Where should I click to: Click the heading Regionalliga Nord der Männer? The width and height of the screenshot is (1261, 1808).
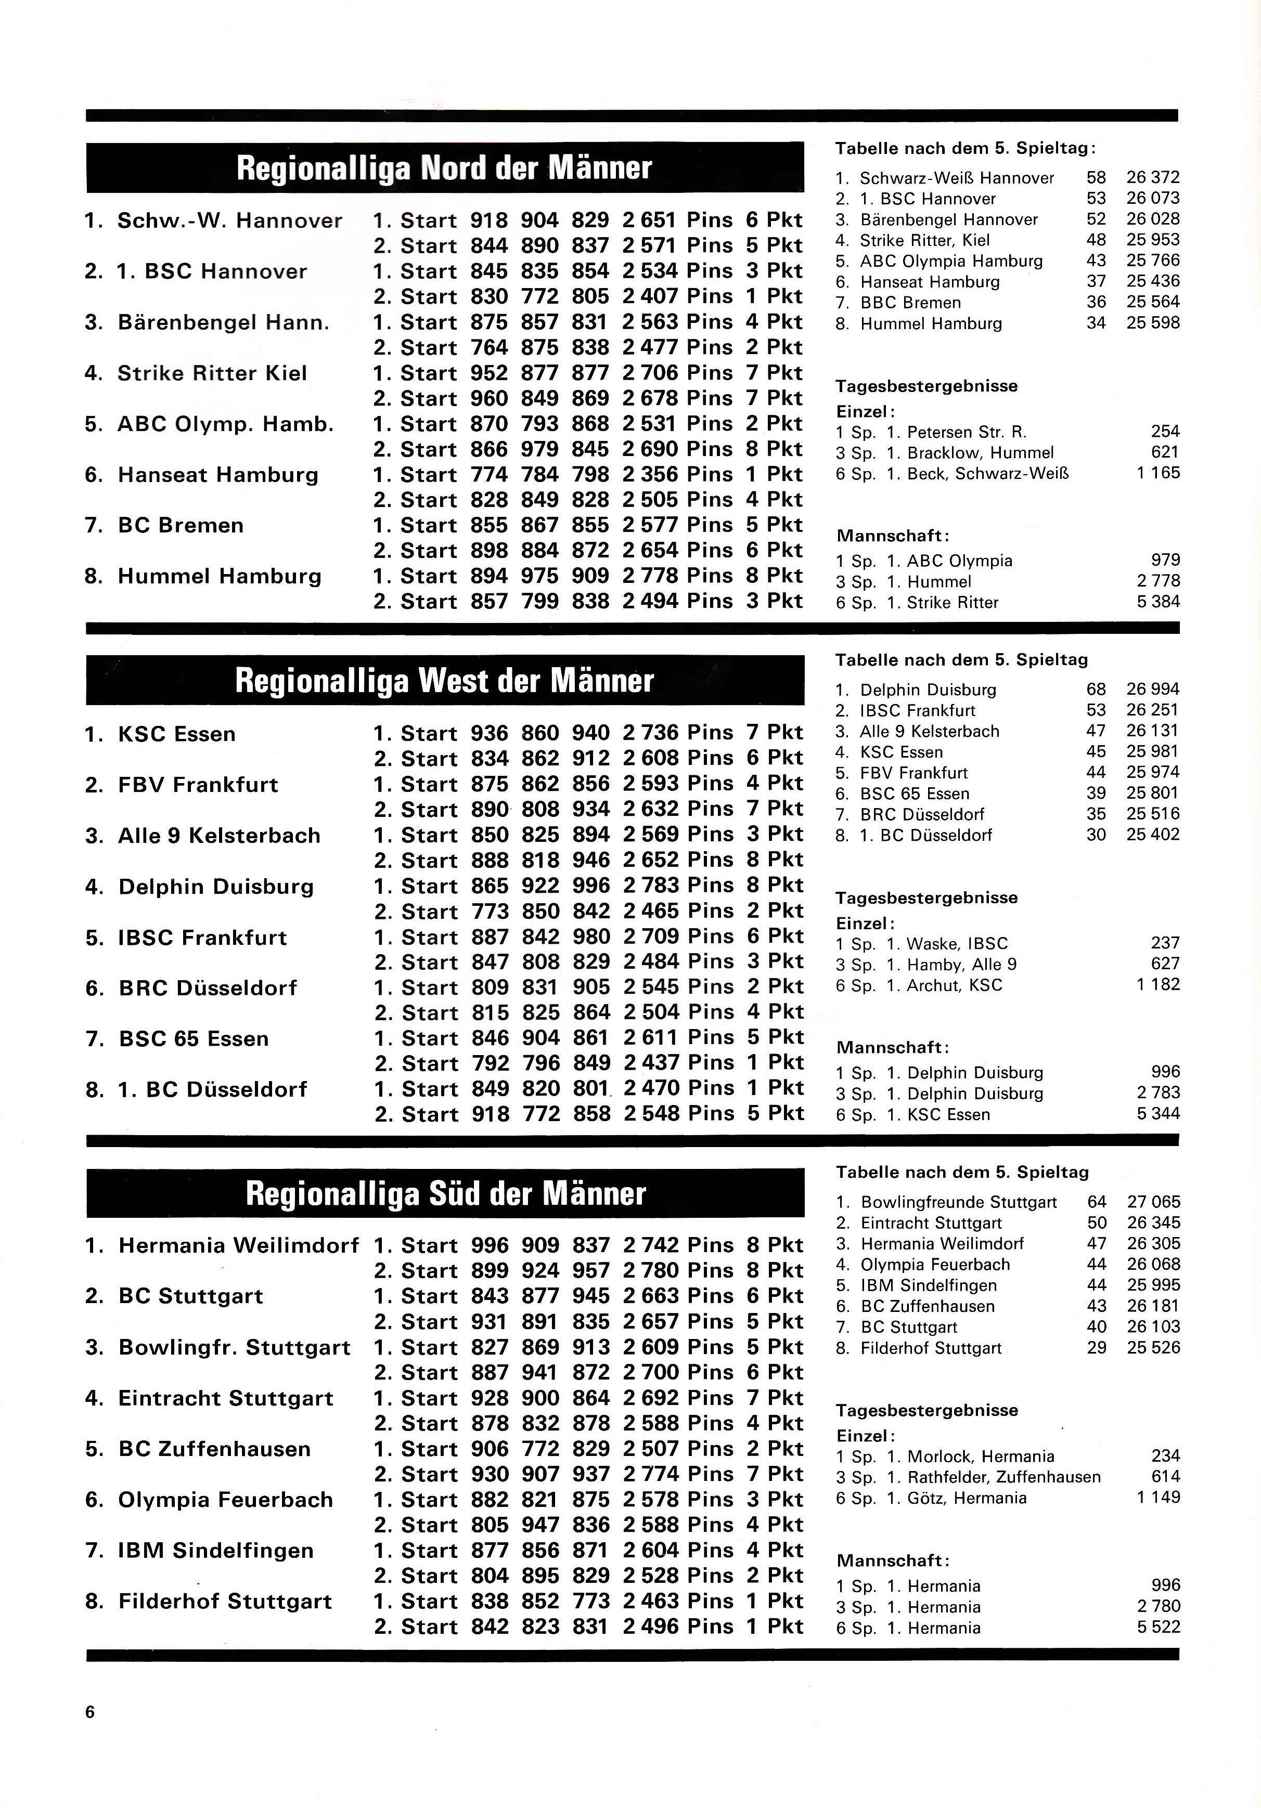pos(444,168)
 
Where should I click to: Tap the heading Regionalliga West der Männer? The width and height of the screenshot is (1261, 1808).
pos(444,680)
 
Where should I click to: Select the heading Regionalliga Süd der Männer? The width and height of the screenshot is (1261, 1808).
pos(445,1193)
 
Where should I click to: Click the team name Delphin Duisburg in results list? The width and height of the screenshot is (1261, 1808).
pos(216,887)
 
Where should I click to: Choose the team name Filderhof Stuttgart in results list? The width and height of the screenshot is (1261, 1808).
pos(225,1601)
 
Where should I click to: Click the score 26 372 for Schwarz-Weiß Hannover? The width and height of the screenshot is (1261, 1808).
pos(1152,178)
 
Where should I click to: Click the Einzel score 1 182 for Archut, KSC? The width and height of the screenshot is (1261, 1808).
pos(1158,984)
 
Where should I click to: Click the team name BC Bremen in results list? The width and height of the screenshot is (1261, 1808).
pos(181,525)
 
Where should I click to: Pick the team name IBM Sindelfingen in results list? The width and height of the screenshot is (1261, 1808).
pos(216,1551)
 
